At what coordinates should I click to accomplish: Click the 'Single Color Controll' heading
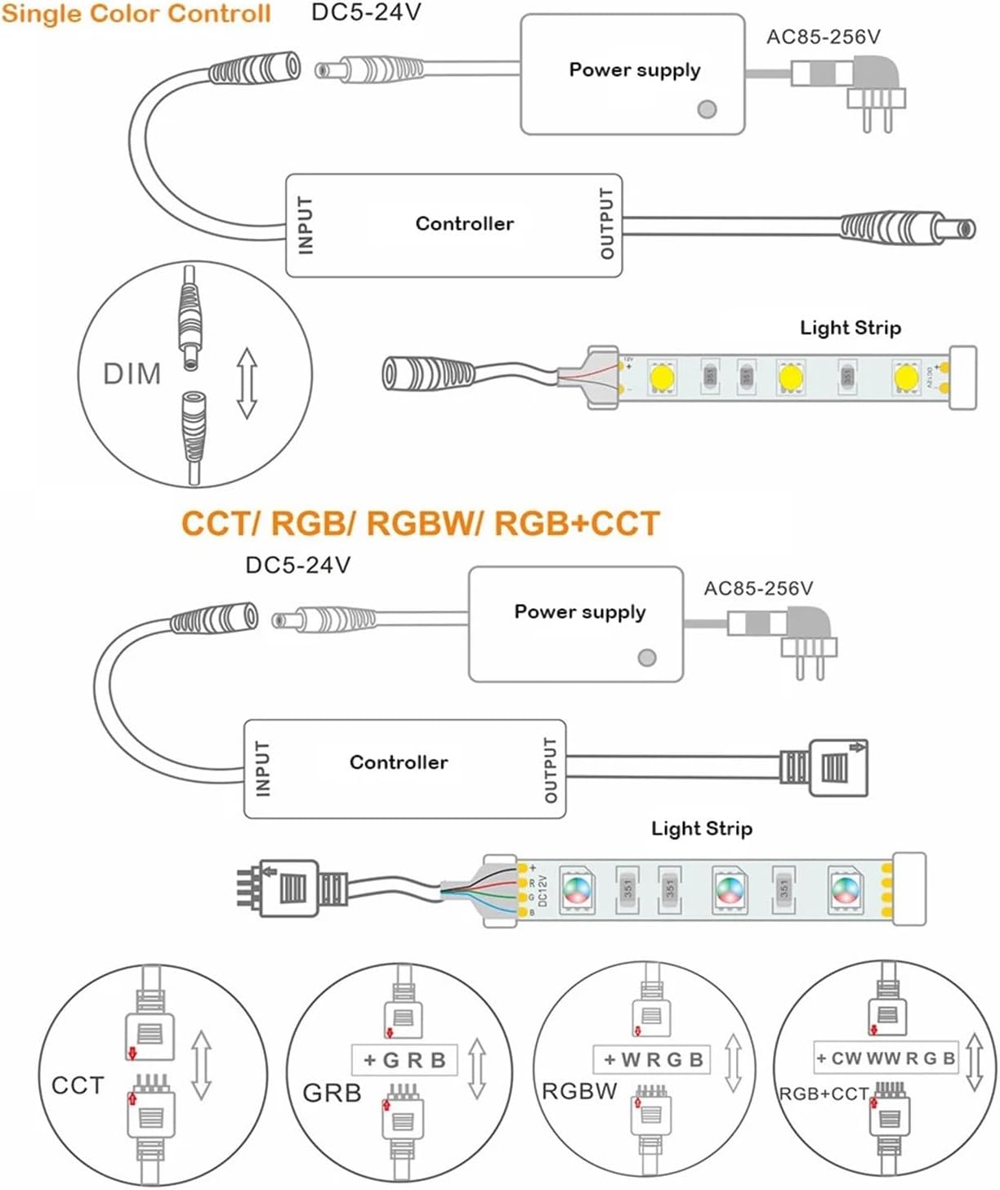point(136,14)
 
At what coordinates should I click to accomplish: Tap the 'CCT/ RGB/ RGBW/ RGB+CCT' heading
point(420,524)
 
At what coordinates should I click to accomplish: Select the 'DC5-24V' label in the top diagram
point(366,13)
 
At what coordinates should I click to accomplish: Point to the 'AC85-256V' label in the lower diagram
point(758,588)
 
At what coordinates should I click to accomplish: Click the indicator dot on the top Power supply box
point(708,109)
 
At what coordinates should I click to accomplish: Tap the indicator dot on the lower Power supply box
point(647,657)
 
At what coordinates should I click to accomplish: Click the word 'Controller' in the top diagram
point(464,224)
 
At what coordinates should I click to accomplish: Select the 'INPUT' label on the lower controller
point(262,768)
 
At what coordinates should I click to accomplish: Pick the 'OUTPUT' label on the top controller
point(607,224)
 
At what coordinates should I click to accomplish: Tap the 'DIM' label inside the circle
point(132,374)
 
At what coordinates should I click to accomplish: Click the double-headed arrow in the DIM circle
point(247,382)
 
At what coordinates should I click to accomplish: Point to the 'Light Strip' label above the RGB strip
point(701,829)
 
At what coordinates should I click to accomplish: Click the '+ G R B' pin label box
point(404,1060)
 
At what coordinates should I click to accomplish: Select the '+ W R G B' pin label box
point(653,1060)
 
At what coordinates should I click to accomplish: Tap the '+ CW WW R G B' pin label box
point(885,1058)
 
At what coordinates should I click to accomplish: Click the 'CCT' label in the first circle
point(78,1085)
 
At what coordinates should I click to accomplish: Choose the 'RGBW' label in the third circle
point(579,1091)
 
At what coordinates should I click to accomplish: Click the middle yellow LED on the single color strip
point(790,377)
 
